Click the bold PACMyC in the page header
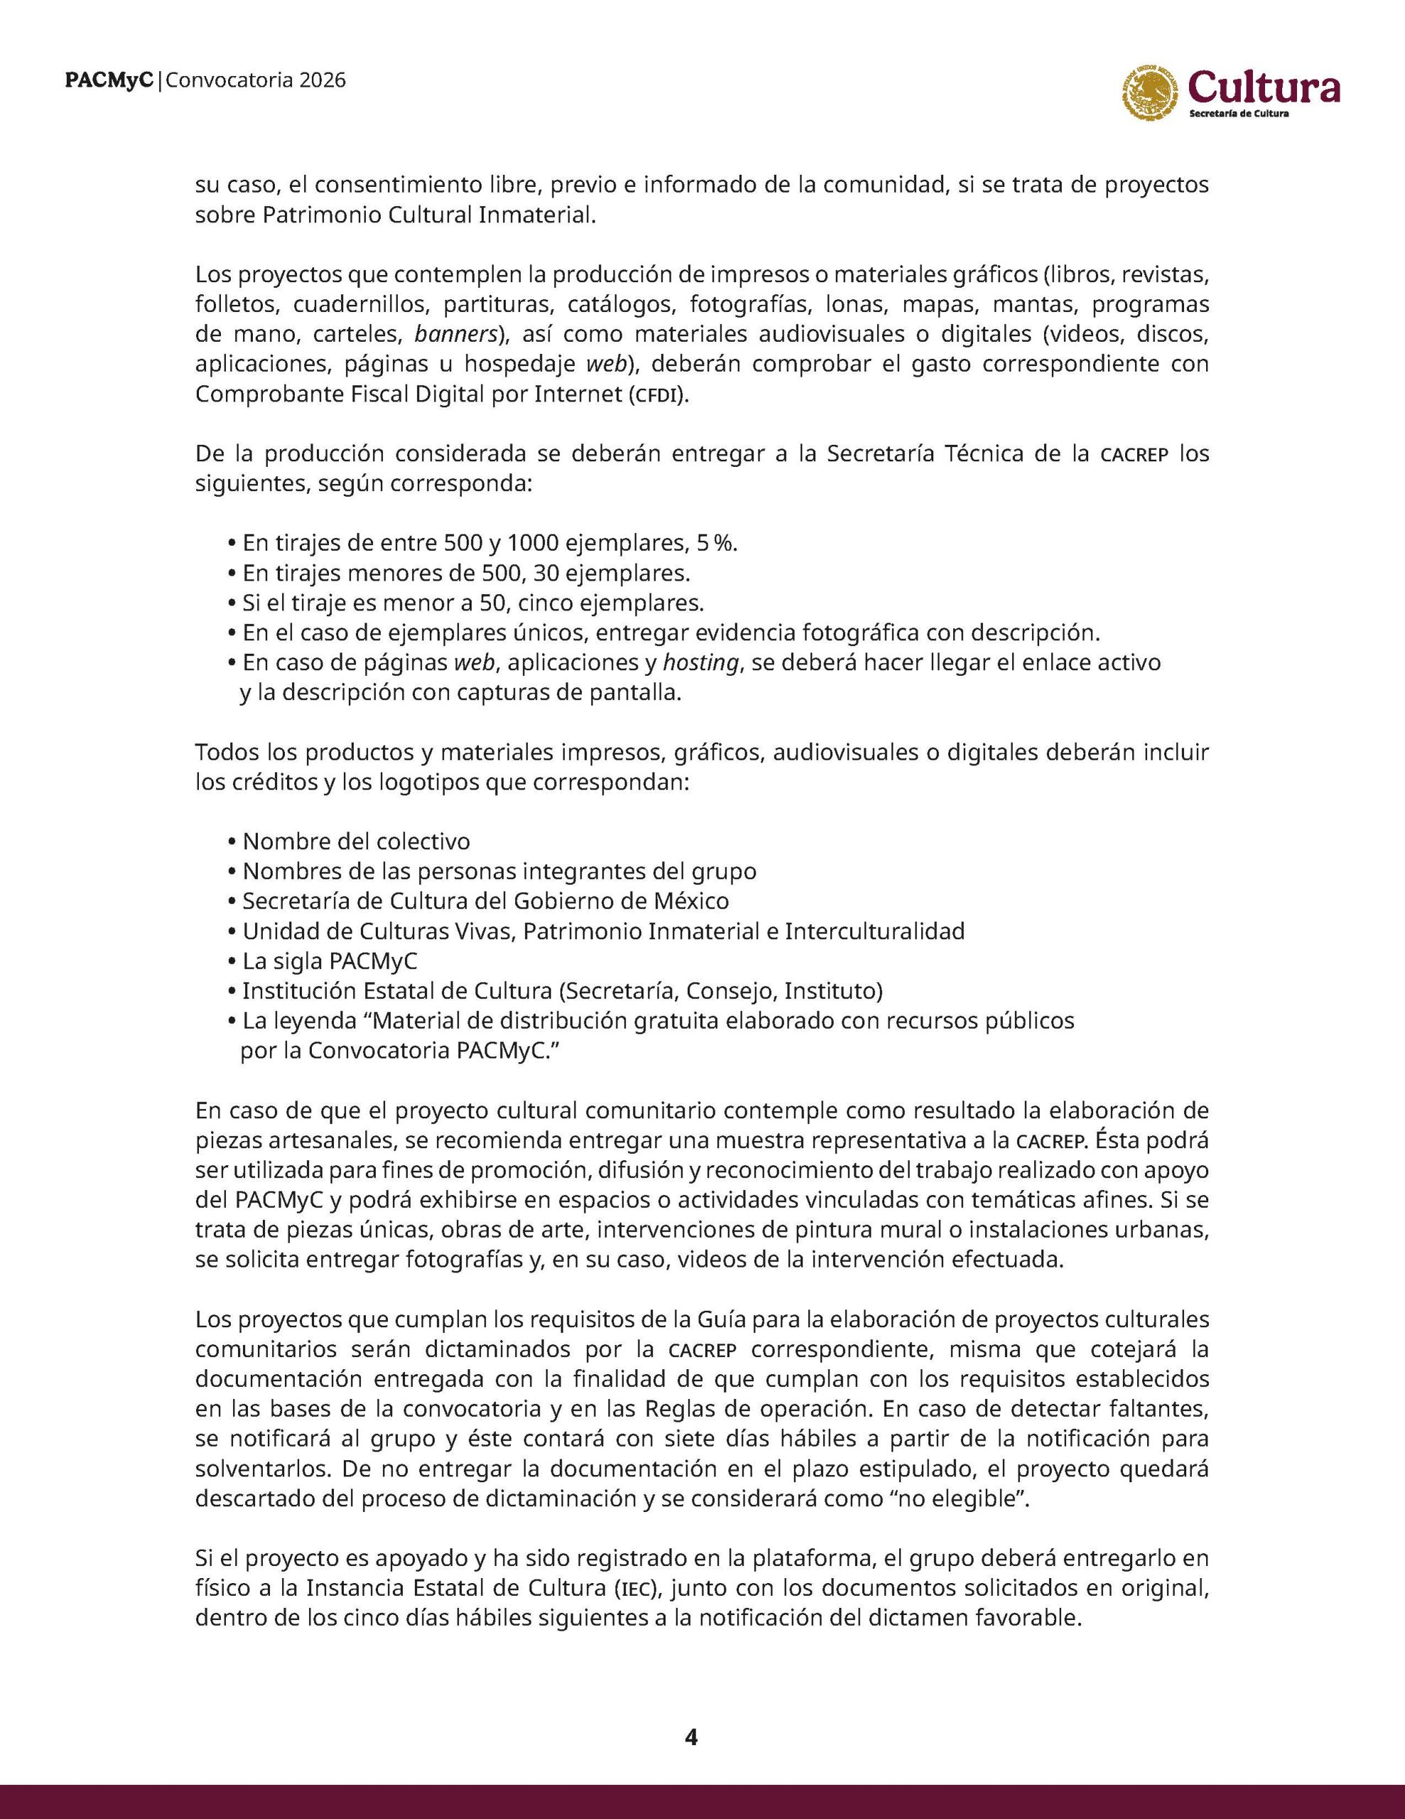111,81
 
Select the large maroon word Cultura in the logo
1264,87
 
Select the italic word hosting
700,663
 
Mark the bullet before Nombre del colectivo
231,841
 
